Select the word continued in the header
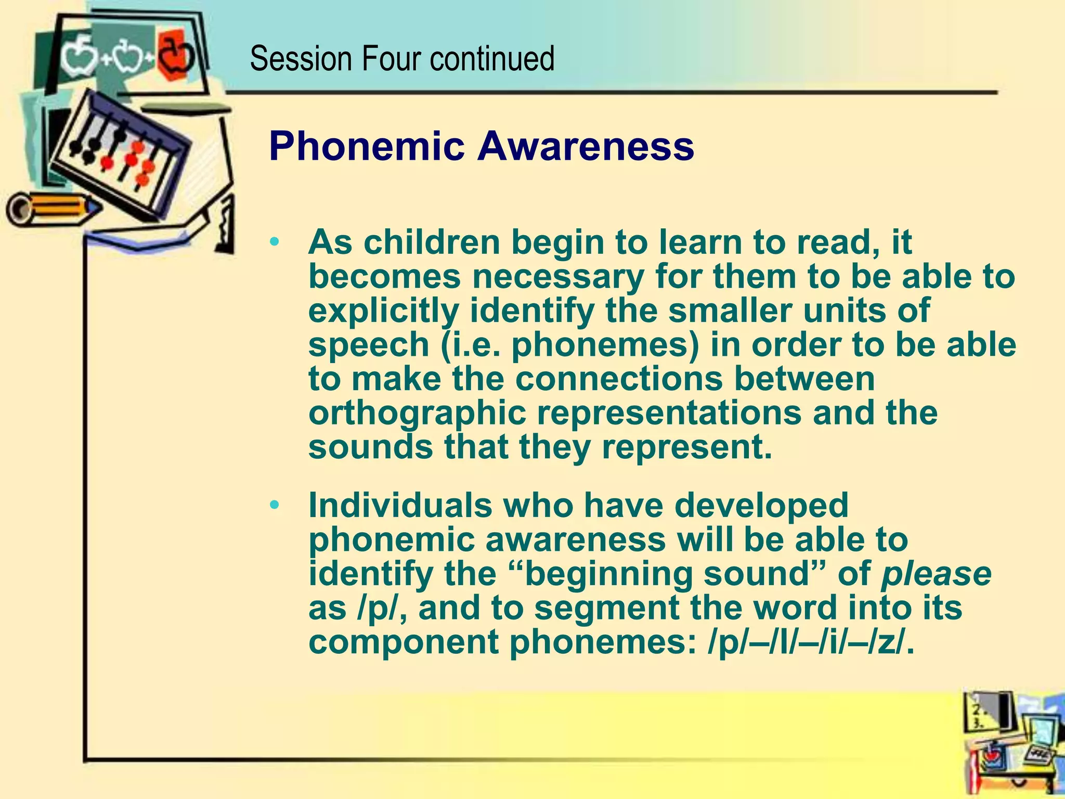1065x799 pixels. (492, 59)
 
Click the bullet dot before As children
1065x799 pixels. (275, 242)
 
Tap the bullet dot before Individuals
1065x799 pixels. (275, 505)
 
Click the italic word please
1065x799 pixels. (936, 574)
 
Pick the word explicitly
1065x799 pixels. (384, 312)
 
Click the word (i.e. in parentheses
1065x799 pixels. (471, 345)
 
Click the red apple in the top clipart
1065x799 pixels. (176, 54)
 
